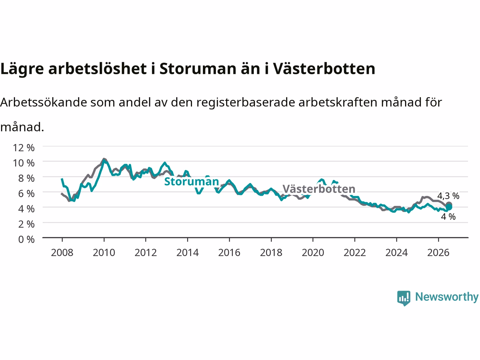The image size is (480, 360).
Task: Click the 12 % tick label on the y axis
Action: click(x=24, y=148)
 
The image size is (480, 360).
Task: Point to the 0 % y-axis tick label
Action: click(x=26, y=240)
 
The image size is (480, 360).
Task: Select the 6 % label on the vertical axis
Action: click(x=26, y=193)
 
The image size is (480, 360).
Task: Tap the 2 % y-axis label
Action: click(x=26, y=224)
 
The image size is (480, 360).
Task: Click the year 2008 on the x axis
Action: click(x=62, y=253)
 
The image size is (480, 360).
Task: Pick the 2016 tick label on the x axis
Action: click(x=229, y=253)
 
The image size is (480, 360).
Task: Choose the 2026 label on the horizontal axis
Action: click(x=438, y=253)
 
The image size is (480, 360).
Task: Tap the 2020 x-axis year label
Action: click(x=313, y=253)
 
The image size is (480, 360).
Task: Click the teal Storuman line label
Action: click(x=192, y=181)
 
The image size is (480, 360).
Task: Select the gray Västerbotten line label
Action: click(x=319, y=189)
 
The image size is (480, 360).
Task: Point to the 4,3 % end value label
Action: click(x=448, y=196)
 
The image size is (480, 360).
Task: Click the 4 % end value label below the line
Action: click(x=448, y=217)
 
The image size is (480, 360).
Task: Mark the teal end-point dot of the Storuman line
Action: click(x=449, y=207)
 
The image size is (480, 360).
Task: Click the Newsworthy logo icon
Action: click(x=403, y=298)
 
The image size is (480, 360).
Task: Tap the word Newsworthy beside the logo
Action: click(x=447, y=297)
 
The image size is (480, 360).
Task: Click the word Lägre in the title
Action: click(x=22, y=69)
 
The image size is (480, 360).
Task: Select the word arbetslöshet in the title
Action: click(x=97, y=68)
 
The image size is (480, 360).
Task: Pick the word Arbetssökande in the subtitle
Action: click(x=44, y=102)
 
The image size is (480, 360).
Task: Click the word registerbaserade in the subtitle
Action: click(x=246, y=102)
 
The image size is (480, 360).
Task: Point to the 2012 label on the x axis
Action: click(x=145, y=253)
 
